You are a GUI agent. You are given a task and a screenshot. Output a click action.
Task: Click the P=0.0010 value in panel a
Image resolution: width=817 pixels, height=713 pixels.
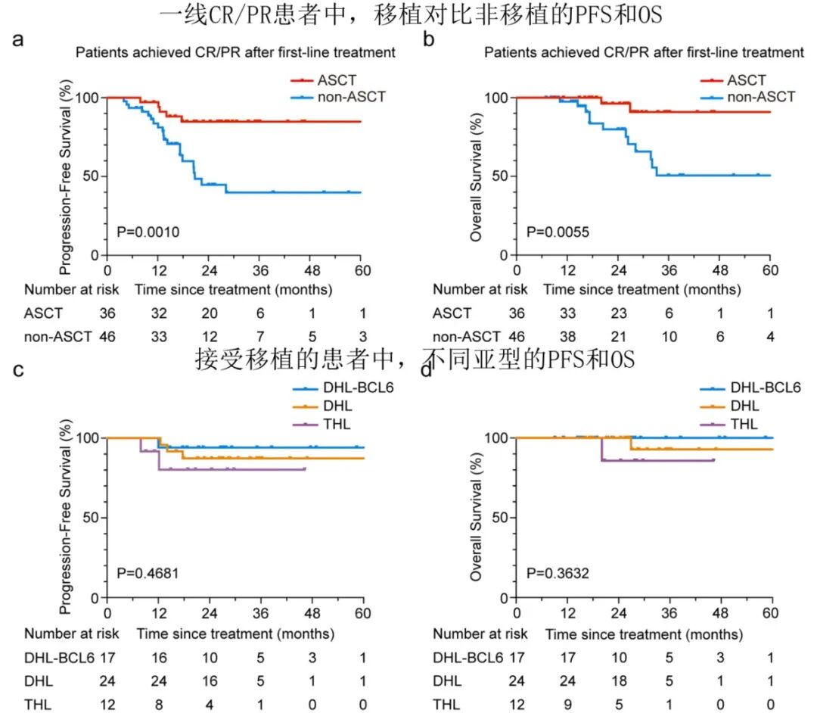point(148,232)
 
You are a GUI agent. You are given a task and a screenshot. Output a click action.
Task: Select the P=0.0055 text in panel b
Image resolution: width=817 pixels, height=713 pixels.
point(557,232)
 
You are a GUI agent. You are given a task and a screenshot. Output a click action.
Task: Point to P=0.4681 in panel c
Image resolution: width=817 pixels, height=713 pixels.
point(148,573)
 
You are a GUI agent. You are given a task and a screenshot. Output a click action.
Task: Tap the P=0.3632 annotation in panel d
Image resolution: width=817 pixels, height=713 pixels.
point(557,573)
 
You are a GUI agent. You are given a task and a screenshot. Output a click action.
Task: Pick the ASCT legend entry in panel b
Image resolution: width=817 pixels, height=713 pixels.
point(746,79)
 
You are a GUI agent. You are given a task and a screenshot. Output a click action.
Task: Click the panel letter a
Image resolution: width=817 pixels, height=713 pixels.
point(17,40)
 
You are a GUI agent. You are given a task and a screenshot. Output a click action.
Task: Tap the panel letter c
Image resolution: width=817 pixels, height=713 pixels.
point(17,370)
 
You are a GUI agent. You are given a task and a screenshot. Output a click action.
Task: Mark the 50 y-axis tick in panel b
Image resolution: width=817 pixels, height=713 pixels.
point(499,176)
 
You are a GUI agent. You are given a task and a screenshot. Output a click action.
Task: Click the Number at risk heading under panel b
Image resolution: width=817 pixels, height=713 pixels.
point(480,289)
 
